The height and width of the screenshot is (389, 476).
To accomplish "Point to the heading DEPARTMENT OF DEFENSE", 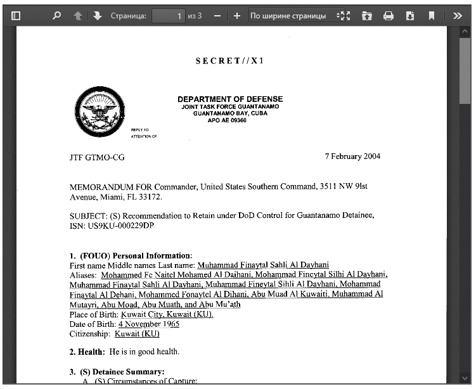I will tap(230, 99).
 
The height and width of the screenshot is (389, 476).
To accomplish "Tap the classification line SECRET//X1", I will tap(229, 61).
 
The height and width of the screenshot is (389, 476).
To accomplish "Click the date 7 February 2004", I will tap(352, 156).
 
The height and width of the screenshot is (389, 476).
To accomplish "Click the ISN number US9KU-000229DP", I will tap(112, 226).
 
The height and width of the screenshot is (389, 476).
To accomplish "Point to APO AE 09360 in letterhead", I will tap(227, 120).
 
